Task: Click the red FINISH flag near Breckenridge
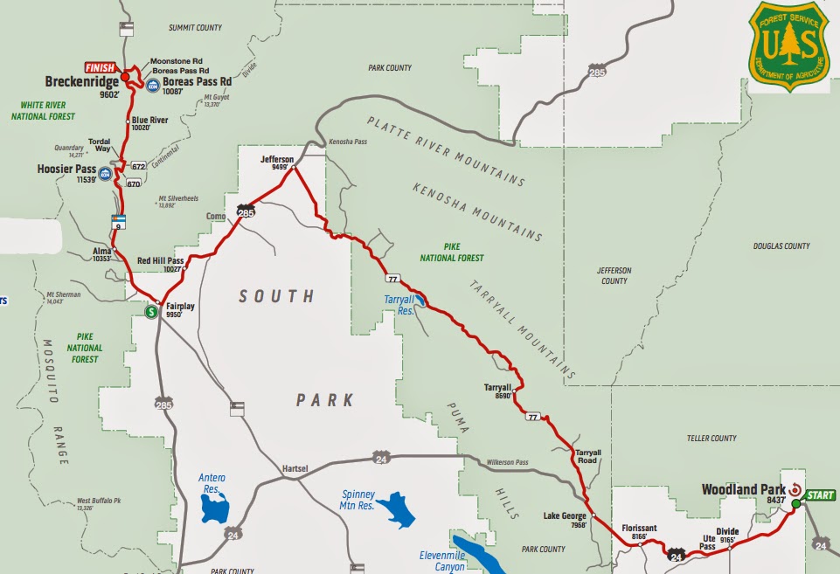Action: pos(100,67)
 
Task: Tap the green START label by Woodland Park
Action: pos(821,494)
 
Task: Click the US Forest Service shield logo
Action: pos(788,46)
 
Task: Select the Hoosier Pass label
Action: pos(66,169)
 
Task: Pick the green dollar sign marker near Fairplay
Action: pos(151,310)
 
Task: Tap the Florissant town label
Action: pos(639,529)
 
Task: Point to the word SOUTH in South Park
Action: pos(276,297)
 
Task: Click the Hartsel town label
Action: pos(296,469)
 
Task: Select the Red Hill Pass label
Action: pos(161,260)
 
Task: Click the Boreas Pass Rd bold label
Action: pos(201,81)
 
